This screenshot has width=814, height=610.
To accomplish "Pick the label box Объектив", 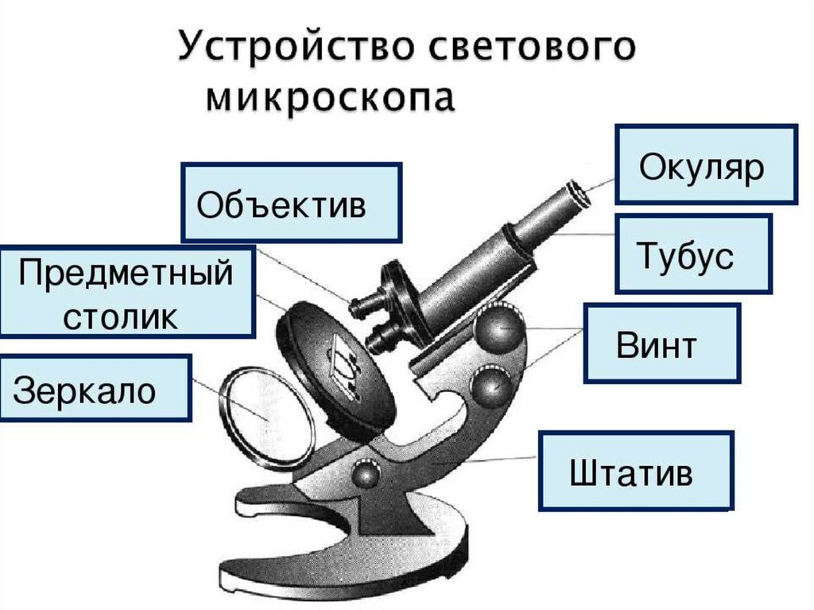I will (291, 202).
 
